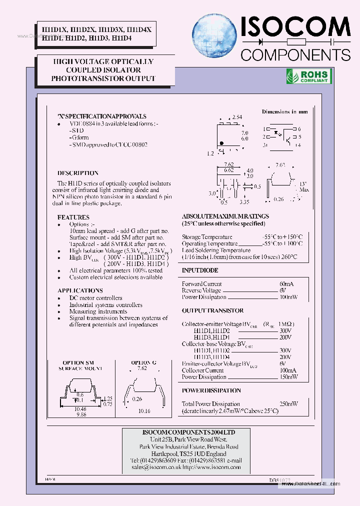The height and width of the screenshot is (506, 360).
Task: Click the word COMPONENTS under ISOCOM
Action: point(295,54)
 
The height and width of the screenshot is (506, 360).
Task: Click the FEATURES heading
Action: point(73,217)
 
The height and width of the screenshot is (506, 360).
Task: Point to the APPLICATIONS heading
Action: point(80,290)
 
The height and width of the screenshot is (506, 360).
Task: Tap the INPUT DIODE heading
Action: point(200,270)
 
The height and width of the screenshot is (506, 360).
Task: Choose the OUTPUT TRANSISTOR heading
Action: point(212,310)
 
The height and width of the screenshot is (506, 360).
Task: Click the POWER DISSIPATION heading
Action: point(211,390)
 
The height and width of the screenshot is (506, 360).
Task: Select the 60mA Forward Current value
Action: point(286,284)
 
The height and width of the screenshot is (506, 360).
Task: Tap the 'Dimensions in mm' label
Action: point(284,111)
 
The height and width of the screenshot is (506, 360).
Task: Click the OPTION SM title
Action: point(78,362)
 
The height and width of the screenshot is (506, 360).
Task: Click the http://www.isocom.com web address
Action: point(211,467)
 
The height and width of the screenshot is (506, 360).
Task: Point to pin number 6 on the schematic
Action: point(298,129)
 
